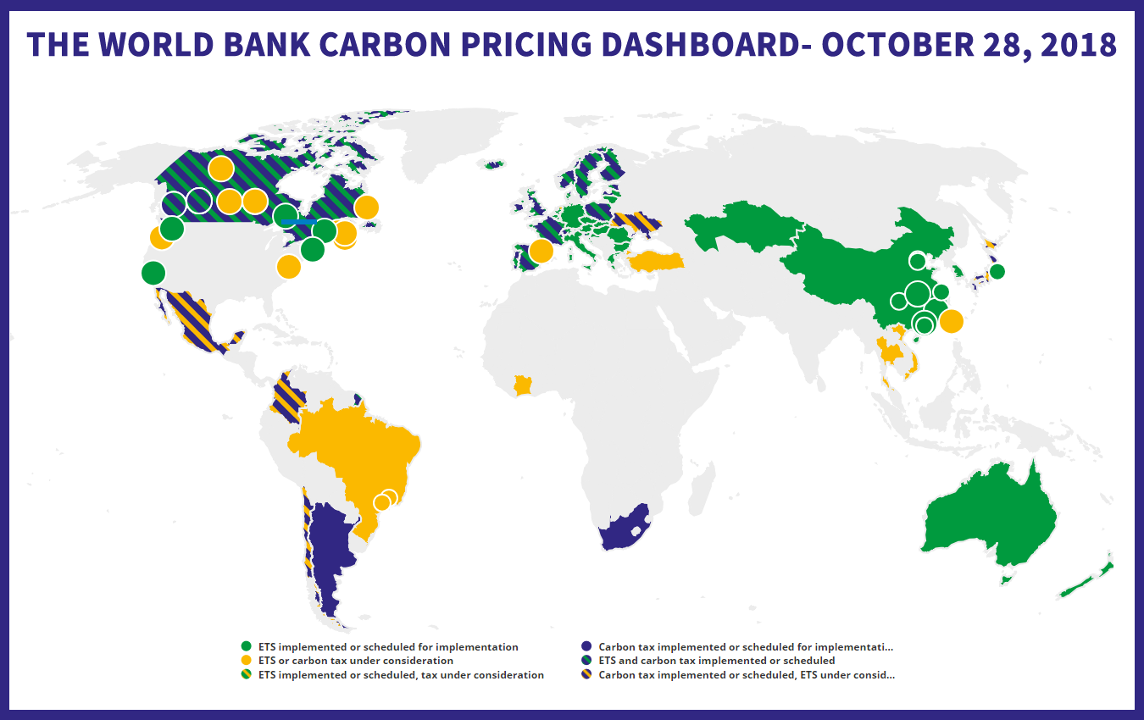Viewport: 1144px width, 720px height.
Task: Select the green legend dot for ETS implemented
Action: point(247,646)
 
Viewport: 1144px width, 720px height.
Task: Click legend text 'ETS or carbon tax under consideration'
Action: point(355,661)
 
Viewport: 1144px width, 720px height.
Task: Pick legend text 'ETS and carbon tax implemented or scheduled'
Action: point(716,661)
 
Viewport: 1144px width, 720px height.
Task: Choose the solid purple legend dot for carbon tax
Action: point(586,646)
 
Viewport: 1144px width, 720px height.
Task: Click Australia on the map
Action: point(987,517)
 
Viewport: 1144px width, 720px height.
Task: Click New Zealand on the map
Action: point(1089,580)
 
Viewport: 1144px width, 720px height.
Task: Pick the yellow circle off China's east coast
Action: point(951,321)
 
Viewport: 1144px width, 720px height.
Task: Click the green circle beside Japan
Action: point(997,271)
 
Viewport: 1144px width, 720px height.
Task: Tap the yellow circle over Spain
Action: point(541,251)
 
